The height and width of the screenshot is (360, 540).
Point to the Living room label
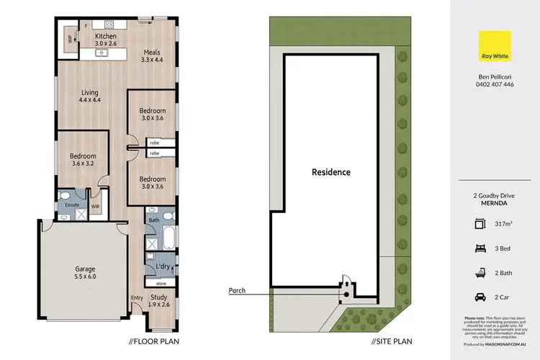tap(89, 96)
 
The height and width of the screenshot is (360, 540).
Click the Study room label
tap(160, 300)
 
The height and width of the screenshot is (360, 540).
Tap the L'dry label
tap(163, 267)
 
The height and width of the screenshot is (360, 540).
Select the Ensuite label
tap(71, 205)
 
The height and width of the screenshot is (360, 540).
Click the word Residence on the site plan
tap(330, 172)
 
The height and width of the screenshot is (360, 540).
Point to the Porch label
tap(237, 291)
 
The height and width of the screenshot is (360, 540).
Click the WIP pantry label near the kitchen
tap(70, 40)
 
